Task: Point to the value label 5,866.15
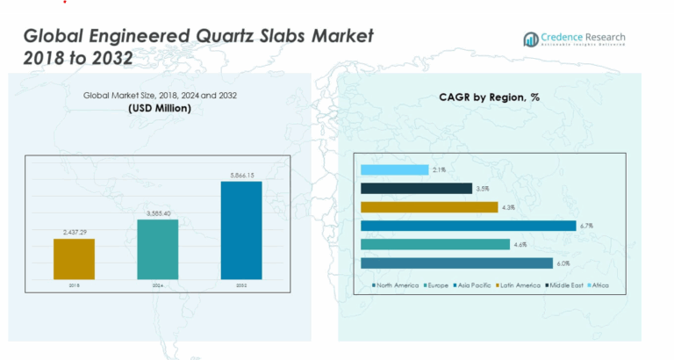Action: coord(241,176)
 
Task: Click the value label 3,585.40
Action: coord(158,213)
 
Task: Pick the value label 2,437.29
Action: coord(74,232)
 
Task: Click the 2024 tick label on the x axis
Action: coord(158,285)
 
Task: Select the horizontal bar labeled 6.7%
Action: coord(467,226)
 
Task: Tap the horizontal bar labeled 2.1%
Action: coord(394,169)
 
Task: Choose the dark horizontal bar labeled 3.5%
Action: coord(416,188)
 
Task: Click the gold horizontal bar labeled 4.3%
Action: coord(428,207)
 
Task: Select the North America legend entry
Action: coord(396,285)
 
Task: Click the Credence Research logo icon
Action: coord(530,39)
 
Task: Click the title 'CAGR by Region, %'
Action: coord(489,97)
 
